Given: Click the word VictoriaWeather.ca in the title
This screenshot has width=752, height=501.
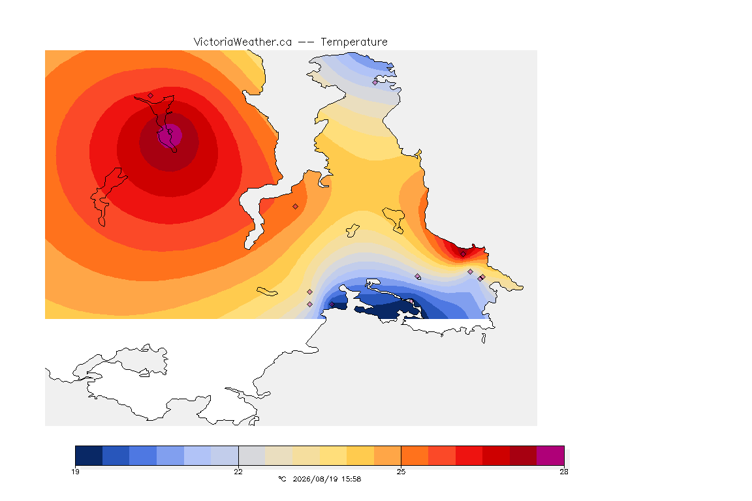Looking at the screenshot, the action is (243, 42).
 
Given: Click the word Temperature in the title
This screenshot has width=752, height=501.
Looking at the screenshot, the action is (354, 42).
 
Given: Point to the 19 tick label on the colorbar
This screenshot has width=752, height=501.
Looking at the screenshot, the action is (75, 472).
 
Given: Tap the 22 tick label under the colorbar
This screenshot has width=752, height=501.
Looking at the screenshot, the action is (238, 472).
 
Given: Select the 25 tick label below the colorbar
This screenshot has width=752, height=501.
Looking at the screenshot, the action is (401, 472).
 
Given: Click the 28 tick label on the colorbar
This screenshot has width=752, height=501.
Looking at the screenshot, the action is (564, 472).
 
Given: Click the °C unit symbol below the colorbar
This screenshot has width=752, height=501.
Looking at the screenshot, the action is (282, 479).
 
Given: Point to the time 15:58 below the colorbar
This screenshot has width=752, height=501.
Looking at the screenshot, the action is (351, 479).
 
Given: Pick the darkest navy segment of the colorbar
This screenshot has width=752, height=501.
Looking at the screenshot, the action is (89, 455).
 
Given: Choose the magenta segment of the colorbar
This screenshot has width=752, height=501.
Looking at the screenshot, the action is (550, 455).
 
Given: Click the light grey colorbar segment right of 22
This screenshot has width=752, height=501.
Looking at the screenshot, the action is (252, 455).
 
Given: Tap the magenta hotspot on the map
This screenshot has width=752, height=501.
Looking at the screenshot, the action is (170, 135).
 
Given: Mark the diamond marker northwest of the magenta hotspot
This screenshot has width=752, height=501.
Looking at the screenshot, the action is (151, 95).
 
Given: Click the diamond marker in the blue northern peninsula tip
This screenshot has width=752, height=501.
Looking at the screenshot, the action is (375, 82).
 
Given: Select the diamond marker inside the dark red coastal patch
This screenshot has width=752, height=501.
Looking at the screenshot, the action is (463, 254).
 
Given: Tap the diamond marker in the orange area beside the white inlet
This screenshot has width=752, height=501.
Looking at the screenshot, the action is (296, 207).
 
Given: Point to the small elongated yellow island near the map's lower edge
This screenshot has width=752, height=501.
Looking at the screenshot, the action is (267, 292).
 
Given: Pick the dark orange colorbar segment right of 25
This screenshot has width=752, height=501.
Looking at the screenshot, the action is (415, 455).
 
